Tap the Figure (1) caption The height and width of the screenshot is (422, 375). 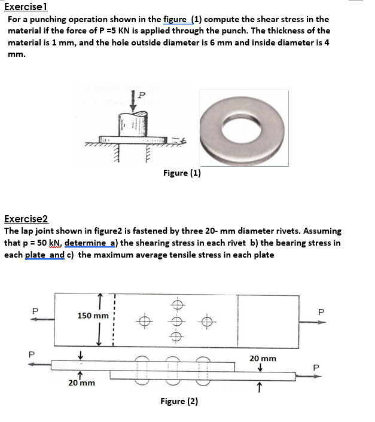[x=182, y=173]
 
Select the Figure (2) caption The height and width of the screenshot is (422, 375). [x=179, y=401]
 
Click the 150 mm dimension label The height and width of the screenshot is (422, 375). [x=93, y=315]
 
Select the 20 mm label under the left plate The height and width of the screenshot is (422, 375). [x=81, y=383]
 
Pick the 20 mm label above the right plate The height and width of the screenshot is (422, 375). [x=263, y=358]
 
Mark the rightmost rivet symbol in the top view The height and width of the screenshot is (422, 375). [x=207, y=321]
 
